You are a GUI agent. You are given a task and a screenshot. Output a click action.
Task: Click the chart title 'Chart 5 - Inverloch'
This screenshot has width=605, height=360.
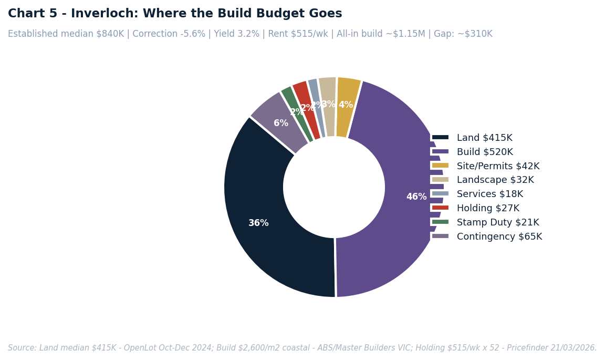coord(175,14)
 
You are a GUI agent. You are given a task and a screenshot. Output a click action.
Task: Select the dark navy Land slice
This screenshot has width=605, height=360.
coord(263,231)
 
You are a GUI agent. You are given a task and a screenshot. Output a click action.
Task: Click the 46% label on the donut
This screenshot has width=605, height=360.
coord(416,197)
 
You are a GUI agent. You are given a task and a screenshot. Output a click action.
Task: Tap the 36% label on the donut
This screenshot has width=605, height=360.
coord(258,223)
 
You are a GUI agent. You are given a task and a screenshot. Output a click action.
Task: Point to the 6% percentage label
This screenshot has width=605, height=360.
coord(281,124)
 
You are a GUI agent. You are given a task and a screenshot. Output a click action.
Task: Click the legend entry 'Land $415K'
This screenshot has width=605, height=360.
coord(484,138)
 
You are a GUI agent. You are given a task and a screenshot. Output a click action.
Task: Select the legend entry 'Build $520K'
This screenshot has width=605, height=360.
coord(485,152)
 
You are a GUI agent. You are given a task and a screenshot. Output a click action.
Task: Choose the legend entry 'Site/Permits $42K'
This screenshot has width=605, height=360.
coord(498,166)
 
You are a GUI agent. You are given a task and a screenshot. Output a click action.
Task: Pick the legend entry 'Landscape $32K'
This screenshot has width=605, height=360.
coord(495,180)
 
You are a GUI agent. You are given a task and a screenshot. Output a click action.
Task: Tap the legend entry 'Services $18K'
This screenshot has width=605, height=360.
coord(489,194)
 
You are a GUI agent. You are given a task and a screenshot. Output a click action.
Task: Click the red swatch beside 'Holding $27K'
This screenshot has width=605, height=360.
coord(440,208)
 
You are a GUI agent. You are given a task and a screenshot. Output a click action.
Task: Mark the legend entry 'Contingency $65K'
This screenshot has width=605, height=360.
coord(499,237)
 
